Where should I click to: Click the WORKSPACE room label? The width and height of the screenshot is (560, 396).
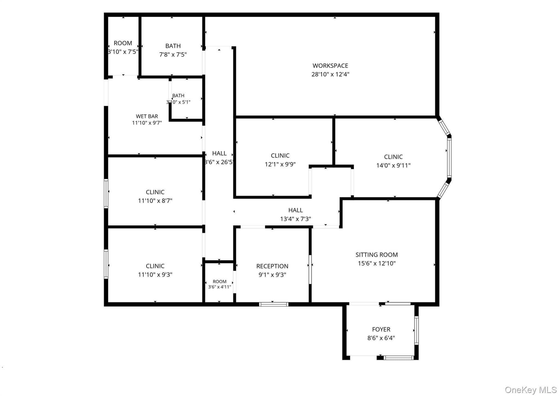tap(330, 66)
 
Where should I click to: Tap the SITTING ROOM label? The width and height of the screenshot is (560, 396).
tap(377, 255)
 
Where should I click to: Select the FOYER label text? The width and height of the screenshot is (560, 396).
tap(381, 329)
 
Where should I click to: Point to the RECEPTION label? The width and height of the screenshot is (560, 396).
tap(272, 266)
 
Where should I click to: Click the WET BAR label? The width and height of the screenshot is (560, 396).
tap(147, 116)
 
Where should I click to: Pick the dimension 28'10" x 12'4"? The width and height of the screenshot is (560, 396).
tap(330, 74)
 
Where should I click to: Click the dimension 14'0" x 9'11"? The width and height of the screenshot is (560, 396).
tap(393, 165)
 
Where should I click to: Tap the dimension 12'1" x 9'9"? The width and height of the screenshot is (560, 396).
tap(280, 164)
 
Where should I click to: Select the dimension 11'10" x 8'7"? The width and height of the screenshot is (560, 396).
tap(155, 200)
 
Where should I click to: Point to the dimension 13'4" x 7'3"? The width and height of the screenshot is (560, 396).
tap(296, 219)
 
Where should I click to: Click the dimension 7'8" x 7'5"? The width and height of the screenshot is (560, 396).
tap(173, 54)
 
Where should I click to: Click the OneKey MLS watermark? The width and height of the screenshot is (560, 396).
tap(531, 389)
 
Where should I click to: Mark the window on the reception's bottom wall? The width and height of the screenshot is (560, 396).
tap(274, 304)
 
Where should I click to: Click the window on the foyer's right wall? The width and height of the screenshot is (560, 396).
tap(416, 330)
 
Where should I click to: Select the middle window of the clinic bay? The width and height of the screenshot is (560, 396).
tap(449, 158)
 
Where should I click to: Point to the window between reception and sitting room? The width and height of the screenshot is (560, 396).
tap(310, 269)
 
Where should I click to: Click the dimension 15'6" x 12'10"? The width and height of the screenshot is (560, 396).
tap(377, 263)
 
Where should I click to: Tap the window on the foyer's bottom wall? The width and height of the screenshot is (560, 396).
tap(399, 357)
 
